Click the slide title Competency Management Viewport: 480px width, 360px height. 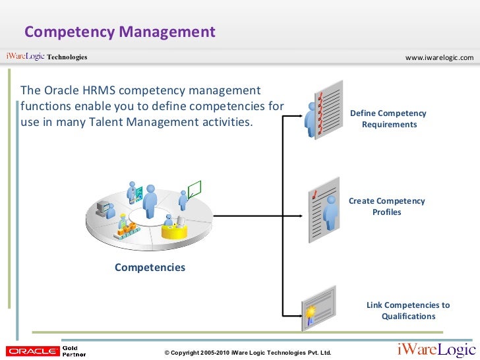tap(120, 32)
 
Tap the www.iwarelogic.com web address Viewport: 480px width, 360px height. tap(439, 58)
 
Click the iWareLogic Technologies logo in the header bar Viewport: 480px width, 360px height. tap(46, 57)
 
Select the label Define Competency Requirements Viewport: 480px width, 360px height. tap(388, 119)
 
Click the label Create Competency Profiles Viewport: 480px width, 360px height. tap(386, 206)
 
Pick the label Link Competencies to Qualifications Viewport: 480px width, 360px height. tap(408, 311)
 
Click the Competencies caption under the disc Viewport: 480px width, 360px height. tap(150, 267)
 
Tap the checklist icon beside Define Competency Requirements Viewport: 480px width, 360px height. tap(324, 109)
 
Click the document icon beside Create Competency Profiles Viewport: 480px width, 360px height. tap(324, 209)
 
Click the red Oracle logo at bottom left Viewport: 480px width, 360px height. tap(31, 351)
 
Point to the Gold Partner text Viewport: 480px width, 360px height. tap(74, 351)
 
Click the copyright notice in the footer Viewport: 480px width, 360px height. tap(247, 353)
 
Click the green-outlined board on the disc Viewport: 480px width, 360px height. tap(193, 191)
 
